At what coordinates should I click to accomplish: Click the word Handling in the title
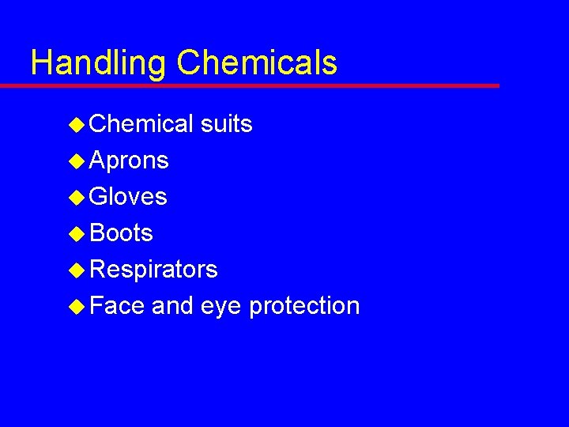click(x=99, y=63)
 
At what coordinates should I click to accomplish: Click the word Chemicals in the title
click(x=257, y=62)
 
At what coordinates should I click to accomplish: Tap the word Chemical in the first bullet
click(x=141, y=124)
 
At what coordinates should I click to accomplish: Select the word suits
click(x=227, y=124)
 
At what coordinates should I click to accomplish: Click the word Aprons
click(x=130, y=161)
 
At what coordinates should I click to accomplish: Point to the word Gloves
click(x=129, y=197)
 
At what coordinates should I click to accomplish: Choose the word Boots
click(x=122, y=233)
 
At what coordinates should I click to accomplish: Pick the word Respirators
click(x=154, y=270)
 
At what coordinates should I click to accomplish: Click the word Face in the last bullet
click(x=117, y=306)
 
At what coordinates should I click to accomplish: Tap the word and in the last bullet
click(x=173, y=306)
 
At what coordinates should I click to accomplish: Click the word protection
click(x=304, y=306)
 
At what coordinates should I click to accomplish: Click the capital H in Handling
click(x=40, y=62)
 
